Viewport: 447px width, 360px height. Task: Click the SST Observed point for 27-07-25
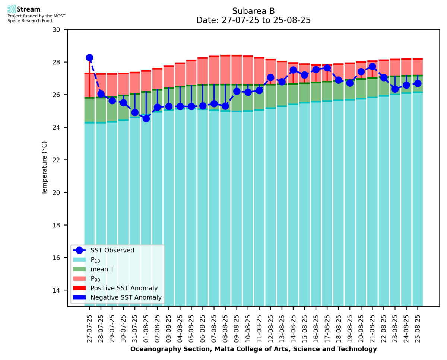[89, 58]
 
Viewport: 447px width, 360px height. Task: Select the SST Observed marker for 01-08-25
[146, 118]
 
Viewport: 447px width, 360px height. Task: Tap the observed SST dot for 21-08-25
[372, 67]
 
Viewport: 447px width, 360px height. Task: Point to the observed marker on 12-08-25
[270, 77]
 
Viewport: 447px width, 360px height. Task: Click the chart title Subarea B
[253, 11]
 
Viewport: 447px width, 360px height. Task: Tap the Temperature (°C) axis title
[45, 168]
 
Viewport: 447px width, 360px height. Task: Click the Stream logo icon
[12, 9]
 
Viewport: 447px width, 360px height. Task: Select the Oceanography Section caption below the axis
[253, 349]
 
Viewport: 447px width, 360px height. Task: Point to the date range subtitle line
[253, 20]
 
